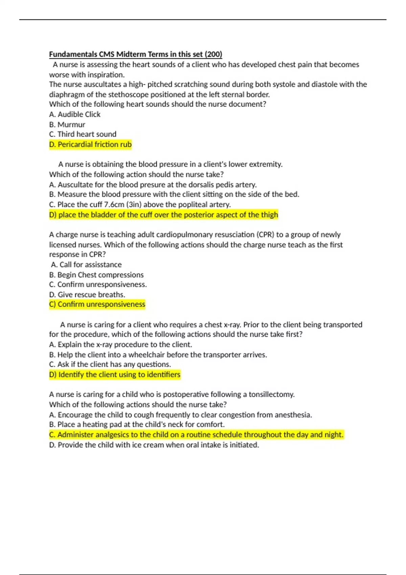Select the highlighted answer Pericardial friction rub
click(x=90, y=144)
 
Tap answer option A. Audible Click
click(x=75, y=114)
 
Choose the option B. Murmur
click(x=67, y=124)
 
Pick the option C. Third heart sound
click(x=83, y=134)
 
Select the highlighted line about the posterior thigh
click(x=163, y=215)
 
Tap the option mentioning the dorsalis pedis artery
click(x=153, y=185)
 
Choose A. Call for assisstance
click(x=86, y=264)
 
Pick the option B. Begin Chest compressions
click(x=96, y=275)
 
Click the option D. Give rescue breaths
click(x=87, y=295)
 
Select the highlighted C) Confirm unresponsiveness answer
click(x=97, y=304)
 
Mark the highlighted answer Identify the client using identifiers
click(x=115, y=375)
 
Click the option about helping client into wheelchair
click(x=158, y=355)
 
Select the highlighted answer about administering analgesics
click(x=196, y=435)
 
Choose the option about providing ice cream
click(x=154, y=445)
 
